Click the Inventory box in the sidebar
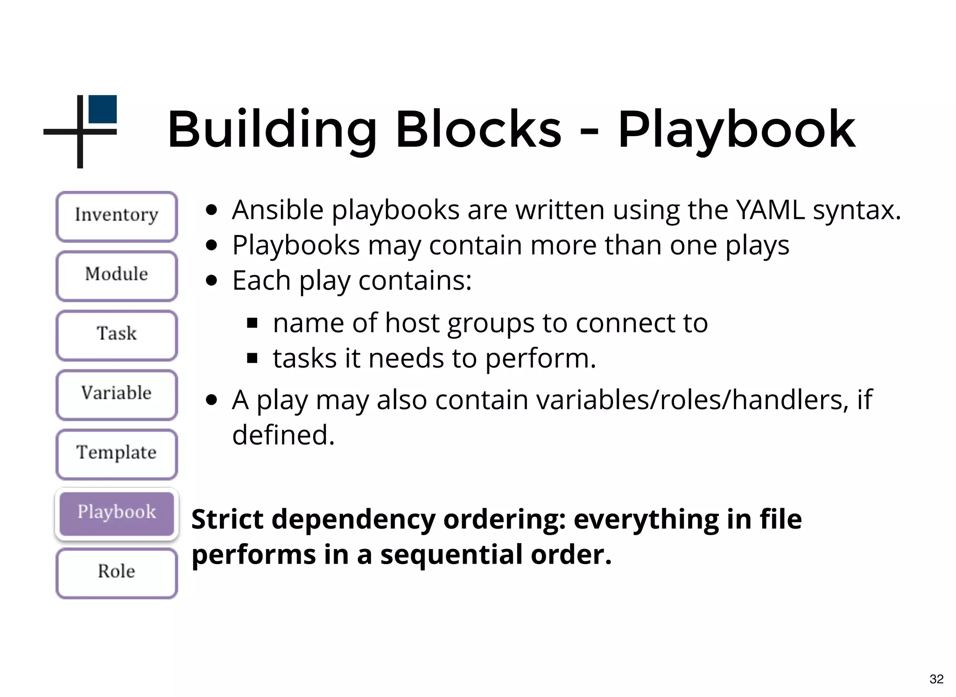click(117, 216)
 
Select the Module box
click(117, 275)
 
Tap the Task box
click(117, 335)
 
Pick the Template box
click(117, 453)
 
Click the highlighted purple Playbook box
click(117, 513)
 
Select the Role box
click(117, 572)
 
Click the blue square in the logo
click(103, 109)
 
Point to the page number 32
click(936, 679)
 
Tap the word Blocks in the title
click(478, 129)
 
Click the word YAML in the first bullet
click(770, 210)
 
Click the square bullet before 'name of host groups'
click(253, 323)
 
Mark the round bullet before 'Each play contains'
click(212, 280)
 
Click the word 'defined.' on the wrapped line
click(283, 435)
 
